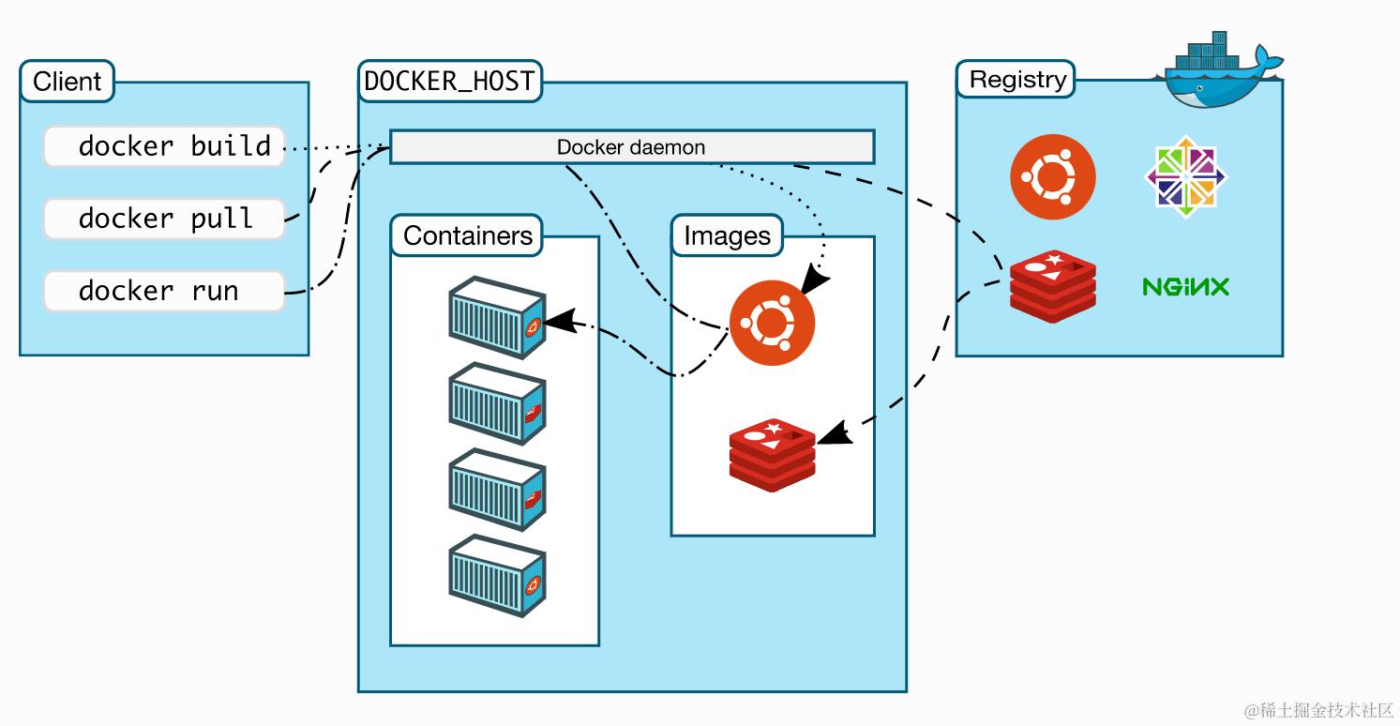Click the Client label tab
tap(67, 82)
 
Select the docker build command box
tap(164, 146)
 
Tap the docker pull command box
tap(164, 219)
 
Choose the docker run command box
tap(164, 291)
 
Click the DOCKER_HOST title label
tap(449, 81)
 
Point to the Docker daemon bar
tap(631, 147)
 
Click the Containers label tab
tap(467, 235)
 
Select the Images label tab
tap(727, 236)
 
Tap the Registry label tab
tap(1016, 80)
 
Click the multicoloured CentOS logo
tap(1186, 177)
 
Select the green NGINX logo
tap(1185, 286)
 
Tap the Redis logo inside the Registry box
tap(1052, 286)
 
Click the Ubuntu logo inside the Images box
tap(773, 323)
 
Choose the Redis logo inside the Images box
tap(773, 454)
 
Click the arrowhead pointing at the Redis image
tap(835, 434)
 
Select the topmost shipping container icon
tap(497, 316)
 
